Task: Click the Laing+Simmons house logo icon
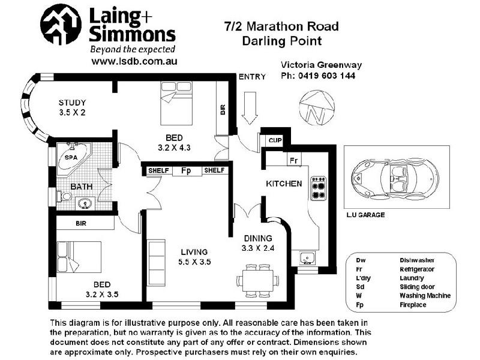[x=61, y=25]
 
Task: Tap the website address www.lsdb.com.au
[x=134, y=61]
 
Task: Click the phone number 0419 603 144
[x=326, y=76]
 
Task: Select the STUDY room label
[x=73, y=102]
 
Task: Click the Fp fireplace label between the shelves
[x=186, y=170]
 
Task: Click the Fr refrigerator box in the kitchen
[x=293, y=160]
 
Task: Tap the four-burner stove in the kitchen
[x=319, y=187]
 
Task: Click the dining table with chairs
[x=257, y=280]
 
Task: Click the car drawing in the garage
[x=391, y=177]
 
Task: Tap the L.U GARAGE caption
[x=365, y=214]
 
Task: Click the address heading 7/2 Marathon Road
[x=281, y=26]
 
